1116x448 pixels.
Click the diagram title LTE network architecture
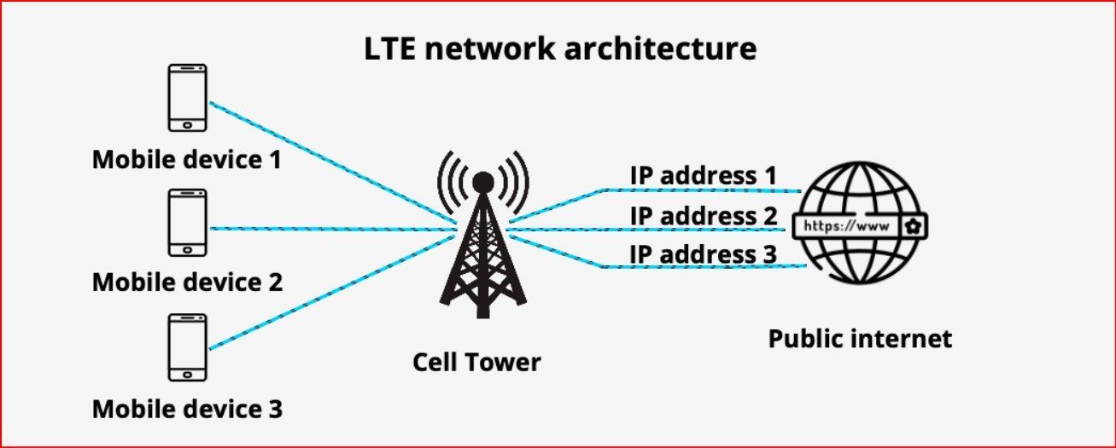click(560, 48)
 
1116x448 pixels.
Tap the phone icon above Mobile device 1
click(187, 99)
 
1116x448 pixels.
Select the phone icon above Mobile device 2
click(187, 222)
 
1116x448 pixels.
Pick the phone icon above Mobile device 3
click(187, 346)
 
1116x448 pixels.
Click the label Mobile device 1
click(187, 160)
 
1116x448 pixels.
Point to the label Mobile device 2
click(187, 282)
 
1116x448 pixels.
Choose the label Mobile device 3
click(187, 409)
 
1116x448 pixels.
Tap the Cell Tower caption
click(476, 362)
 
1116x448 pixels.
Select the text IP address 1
click(704, 175)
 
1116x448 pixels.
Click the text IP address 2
click(704, 215)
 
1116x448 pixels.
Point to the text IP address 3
click(704, 253)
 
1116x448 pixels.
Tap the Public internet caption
click(860, 339)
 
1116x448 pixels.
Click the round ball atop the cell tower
click(482, 181)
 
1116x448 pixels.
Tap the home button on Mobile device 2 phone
click(187, 248)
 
